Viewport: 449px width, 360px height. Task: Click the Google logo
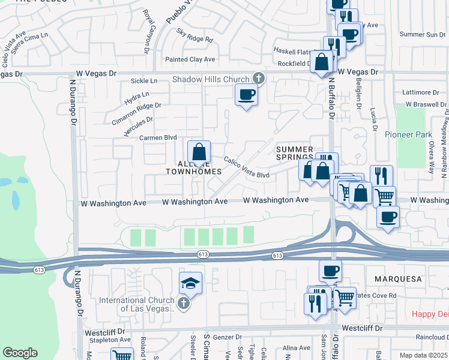point(20,353)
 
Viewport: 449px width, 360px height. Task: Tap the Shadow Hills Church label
point(211,80)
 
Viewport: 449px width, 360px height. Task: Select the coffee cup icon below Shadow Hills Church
point(246,95)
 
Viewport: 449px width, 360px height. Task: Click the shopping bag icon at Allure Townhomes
point(199,152)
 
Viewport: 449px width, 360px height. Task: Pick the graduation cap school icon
point(190,283)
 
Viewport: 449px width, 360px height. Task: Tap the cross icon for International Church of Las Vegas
point(184,304)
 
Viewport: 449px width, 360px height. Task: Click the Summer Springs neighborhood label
point(294,154)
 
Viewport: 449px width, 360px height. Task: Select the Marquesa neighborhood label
point(399,280)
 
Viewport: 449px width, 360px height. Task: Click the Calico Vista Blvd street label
point(247,168)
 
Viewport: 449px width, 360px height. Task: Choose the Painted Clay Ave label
point(190,59)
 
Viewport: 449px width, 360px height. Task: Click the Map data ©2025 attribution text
point(423,355)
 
